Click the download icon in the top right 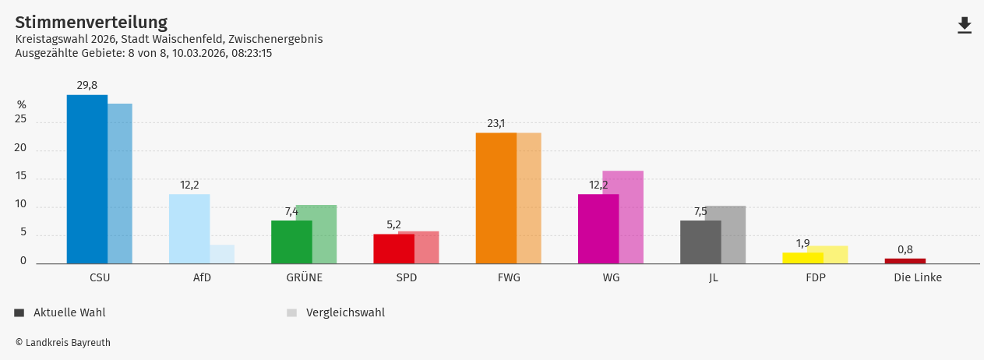(x=965, y=26)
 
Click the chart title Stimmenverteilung (x=91, y=23)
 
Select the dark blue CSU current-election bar (x=86, y=179)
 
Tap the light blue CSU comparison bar (x=121, y=184)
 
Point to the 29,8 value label (x=86, y=85)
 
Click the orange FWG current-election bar (x=496, y=198)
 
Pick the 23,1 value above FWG (x=496, y=123)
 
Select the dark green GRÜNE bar (x=291, y=242)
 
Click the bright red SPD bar (x=393, y=249)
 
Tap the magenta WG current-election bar (x=598, y=228)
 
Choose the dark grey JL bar (x=700, y=242)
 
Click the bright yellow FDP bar (x=802, y=258)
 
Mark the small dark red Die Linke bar (x=905, y=261)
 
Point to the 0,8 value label (x=905, y=249)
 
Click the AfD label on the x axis (x=202, y=277)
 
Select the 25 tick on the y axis (x=20, y=119)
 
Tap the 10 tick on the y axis (x=20, y=204)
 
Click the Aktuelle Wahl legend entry (x=69, y=312)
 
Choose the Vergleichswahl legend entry (x=344, y=312)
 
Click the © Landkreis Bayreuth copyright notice (x=63, y=342)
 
